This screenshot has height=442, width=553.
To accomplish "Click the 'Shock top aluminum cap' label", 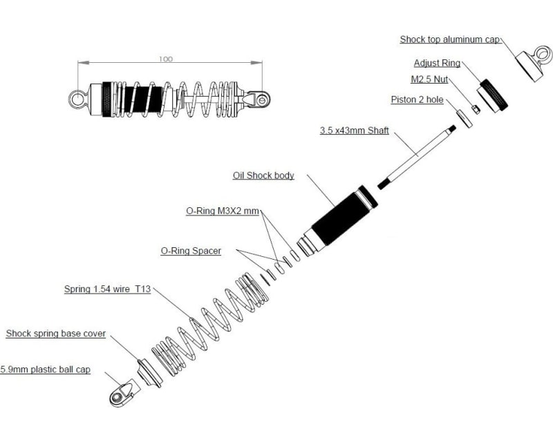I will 449,39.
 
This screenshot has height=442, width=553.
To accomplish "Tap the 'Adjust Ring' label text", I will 437,63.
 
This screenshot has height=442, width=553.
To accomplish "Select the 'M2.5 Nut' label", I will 430,81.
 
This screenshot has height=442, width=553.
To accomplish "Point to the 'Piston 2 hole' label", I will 417,99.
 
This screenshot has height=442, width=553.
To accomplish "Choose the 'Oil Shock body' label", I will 263,175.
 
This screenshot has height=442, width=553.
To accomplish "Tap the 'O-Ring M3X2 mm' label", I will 222,211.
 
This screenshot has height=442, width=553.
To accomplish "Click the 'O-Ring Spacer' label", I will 191,251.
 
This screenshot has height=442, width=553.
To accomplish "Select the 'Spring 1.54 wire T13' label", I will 107,289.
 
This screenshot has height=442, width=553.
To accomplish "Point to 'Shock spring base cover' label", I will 56,334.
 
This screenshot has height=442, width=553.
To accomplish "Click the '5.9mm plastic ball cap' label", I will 46,369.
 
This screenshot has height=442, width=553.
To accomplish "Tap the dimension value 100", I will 166,59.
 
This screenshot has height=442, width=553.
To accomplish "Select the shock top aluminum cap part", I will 532,64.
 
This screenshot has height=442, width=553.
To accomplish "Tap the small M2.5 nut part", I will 476,108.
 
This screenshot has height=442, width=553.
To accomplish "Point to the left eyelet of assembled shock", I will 77,99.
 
